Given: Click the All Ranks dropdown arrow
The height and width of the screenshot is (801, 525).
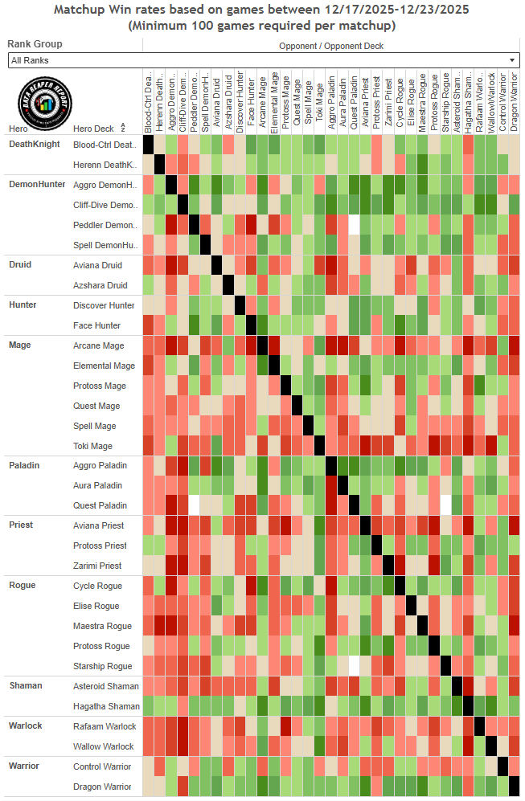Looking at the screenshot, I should click(x=512, y=60).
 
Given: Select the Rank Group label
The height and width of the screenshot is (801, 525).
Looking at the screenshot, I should click(x=35, y=44).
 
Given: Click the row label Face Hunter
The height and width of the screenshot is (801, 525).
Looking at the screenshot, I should click(x=96, y=325).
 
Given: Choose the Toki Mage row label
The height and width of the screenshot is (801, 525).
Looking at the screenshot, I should click(x=92, y=446).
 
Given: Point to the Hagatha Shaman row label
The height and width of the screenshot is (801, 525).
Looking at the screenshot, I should click(x=105, y=706).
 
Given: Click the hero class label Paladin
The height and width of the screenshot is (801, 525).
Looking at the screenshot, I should click(x=23, y=465).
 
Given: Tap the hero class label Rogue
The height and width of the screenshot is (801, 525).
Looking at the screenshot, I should click(x=22, y=585).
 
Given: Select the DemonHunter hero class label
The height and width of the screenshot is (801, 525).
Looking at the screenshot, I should click(x=37, y=184).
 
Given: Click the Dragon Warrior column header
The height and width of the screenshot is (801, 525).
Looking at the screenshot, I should click(x=514, y=104).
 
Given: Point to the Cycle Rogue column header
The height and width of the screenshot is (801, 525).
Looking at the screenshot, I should click(x=400, y=104).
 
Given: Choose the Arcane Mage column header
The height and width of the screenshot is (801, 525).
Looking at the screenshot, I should click(x=262, y=104).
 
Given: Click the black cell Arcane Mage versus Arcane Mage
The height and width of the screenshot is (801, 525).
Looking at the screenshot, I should click(x=262, y=345).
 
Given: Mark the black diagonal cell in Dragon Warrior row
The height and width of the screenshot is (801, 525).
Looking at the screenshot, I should click(x=514, y=787).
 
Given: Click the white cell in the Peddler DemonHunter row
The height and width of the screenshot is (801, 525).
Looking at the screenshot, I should click(x=354, y=225).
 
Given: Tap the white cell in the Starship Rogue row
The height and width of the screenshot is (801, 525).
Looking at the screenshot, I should click(x=354, y=666).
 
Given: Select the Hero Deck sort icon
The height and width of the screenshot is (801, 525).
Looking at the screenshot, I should click(x=123, y=128).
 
